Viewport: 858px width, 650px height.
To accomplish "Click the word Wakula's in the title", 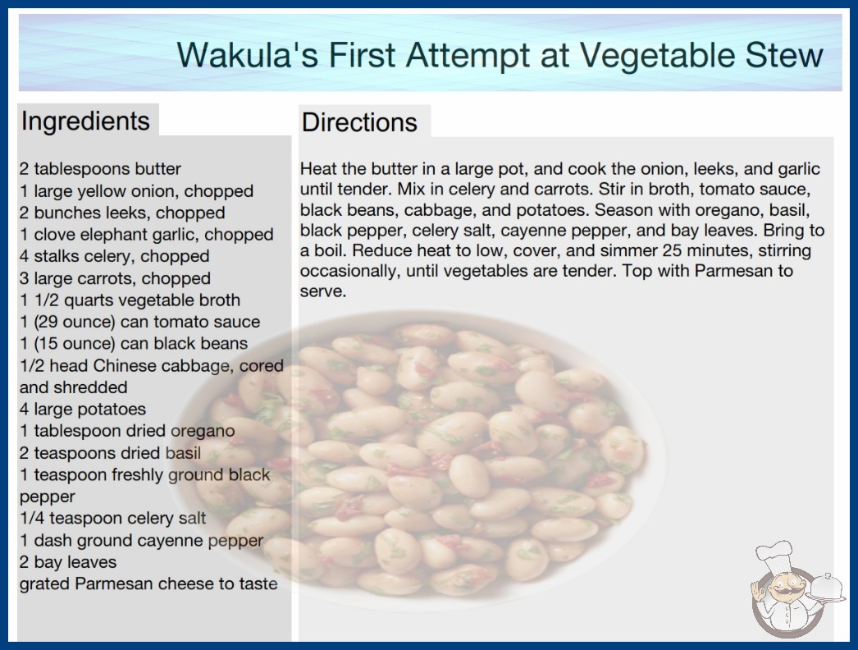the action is point(248,55).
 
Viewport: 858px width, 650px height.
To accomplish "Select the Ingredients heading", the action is point(85,121).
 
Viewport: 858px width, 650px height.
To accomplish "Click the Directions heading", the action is point(359,122).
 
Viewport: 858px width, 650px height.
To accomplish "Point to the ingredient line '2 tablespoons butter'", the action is point(100,169).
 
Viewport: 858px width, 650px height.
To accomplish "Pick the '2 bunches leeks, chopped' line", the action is point(122,213).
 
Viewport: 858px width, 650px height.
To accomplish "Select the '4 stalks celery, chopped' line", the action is point(114,256).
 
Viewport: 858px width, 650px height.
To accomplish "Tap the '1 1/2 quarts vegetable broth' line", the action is point(130,300).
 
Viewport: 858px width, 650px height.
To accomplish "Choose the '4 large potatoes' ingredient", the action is point(83,409).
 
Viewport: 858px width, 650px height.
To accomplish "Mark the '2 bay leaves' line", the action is point(68,562).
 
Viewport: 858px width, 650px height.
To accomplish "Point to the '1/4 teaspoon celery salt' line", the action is point(112,518).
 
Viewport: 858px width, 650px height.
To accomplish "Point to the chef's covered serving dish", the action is point(827,588).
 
